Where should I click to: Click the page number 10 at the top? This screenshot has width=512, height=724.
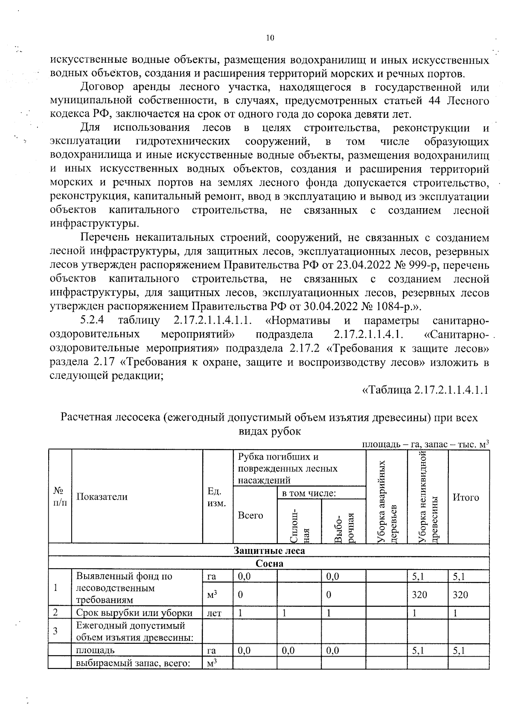click(270, 38)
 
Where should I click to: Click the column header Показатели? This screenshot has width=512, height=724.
click(102, 497)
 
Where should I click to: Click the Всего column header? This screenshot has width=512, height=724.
click(250, 515)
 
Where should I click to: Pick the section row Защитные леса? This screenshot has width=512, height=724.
click(269, 550)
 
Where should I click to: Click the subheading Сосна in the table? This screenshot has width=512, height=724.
click(269, 563)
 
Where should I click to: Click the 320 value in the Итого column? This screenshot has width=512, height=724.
click(460, 594)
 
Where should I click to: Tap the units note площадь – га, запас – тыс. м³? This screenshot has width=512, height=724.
click(425, 444)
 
